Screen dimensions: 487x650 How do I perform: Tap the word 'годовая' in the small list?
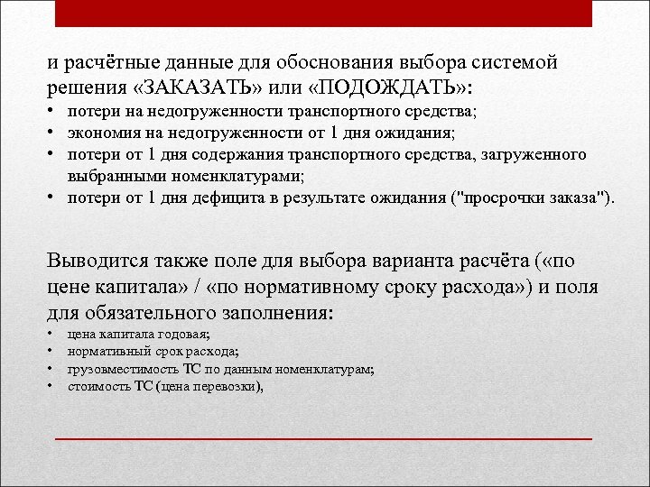coord(187,334)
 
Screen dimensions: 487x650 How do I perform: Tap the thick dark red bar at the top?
coord(324,12)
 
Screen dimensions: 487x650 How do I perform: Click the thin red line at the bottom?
coord(324,436)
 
